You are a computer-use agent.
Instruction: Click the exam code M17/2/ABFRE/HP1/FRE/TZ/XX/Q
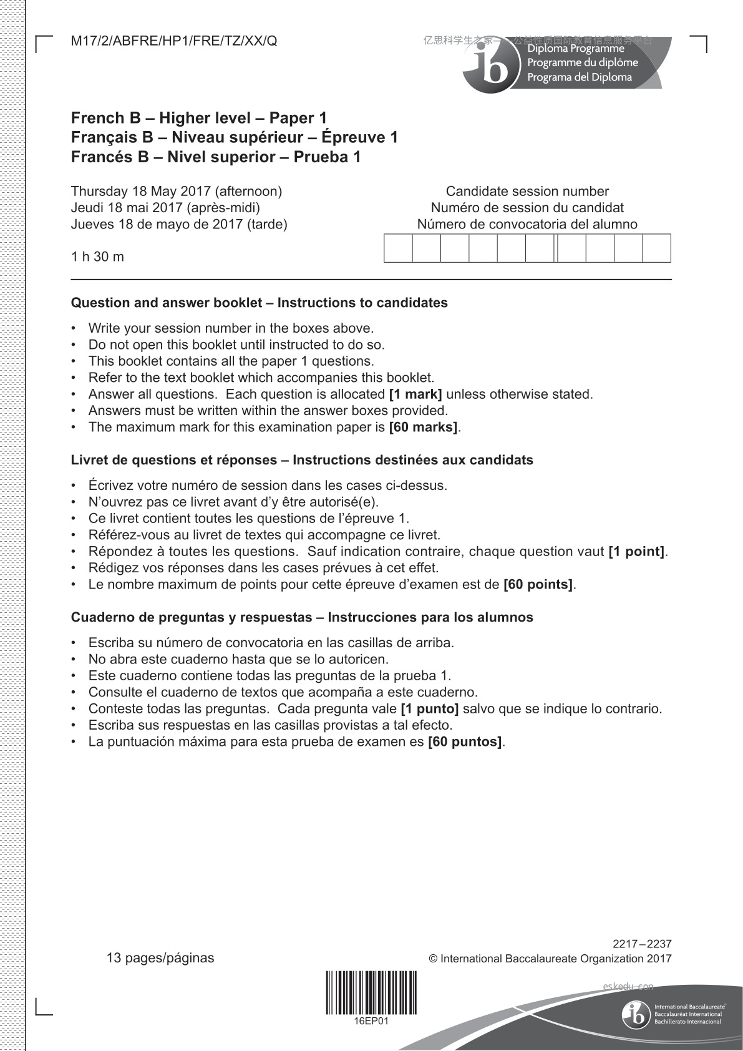174,41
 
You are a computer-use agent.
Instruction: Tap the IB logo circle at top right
492,66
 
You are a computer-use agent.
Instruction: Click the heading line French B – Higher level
199,118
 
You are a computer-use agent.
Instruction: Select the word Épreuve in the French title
359,137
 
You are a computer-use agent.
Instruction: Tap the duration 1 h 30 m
97,257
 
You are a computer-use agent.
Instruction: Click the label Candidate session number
527,191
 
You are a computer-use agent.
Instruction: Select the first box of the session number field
398,248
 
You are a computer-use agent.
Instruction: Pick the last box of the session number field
656,248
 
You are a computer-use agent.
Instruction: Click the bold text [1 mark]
415,394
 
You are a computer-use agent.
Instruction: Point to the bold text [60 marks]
423,428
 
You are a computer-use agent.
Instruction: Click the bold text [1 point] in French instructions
636,552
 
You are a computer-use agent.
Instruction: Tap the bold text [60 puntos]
465,742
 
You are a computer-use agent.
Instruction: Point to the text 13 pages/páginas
160,958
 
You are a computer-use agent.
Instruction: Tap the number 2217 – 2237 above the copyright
642,944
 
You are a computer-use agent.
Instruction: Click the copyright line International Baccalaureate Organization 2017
550,959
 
